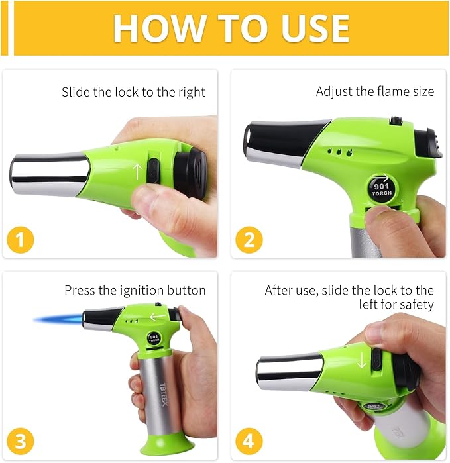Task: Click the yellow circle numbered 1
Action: tap(21, 240)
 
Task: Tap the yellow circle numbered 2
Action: tap(249, 240)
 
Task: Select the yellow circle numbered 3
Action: tap(21, 441)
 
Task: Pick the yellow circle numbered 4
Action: tap(249, 441)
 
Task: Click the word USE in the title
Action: tap(315, 28)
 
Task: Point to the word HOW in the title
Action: tap(160, 28)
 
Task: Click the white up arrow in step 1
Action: tap(137, 172)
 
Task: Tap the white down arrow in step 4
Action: tap(362, 360)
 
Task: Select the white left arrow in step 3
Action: tap(158, 317)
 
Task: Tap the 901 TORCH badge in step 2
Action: tap(382, 189)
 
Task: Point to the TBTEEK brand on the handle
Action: tap(164, 394)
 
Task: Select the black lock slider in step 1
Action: tap(152, 172)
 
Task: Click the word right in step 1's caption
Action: tap(192, 93)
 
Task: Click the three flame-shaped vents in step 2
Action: tap(340, 152)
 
